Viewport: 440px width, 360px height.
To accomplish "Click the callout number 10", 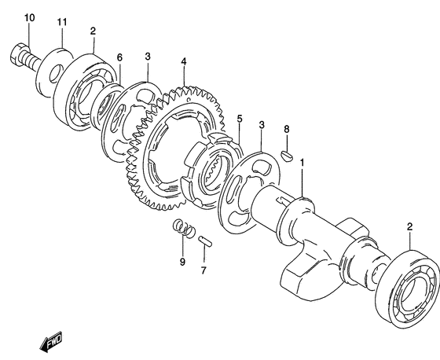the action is [30, 18].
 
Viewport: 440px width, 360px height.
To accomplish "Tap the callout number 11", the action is [62, 22].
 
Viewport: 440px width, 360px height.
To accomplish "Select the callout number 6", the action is [119, 57].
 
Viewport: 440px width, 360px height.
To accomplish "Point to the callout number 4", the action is [184, 61].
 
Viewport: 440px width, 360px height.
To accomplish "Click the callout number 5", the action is [239, 119].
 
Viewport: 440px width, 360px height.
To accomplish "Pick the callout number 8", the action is [286, 129].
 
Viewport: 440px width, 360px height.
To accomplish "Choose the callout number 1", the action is [302, 163].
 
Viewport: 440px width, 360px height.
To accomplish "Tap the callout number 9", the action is [182, 262].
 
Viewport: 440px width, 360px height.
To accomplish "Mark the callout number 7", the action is [203, 270].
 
